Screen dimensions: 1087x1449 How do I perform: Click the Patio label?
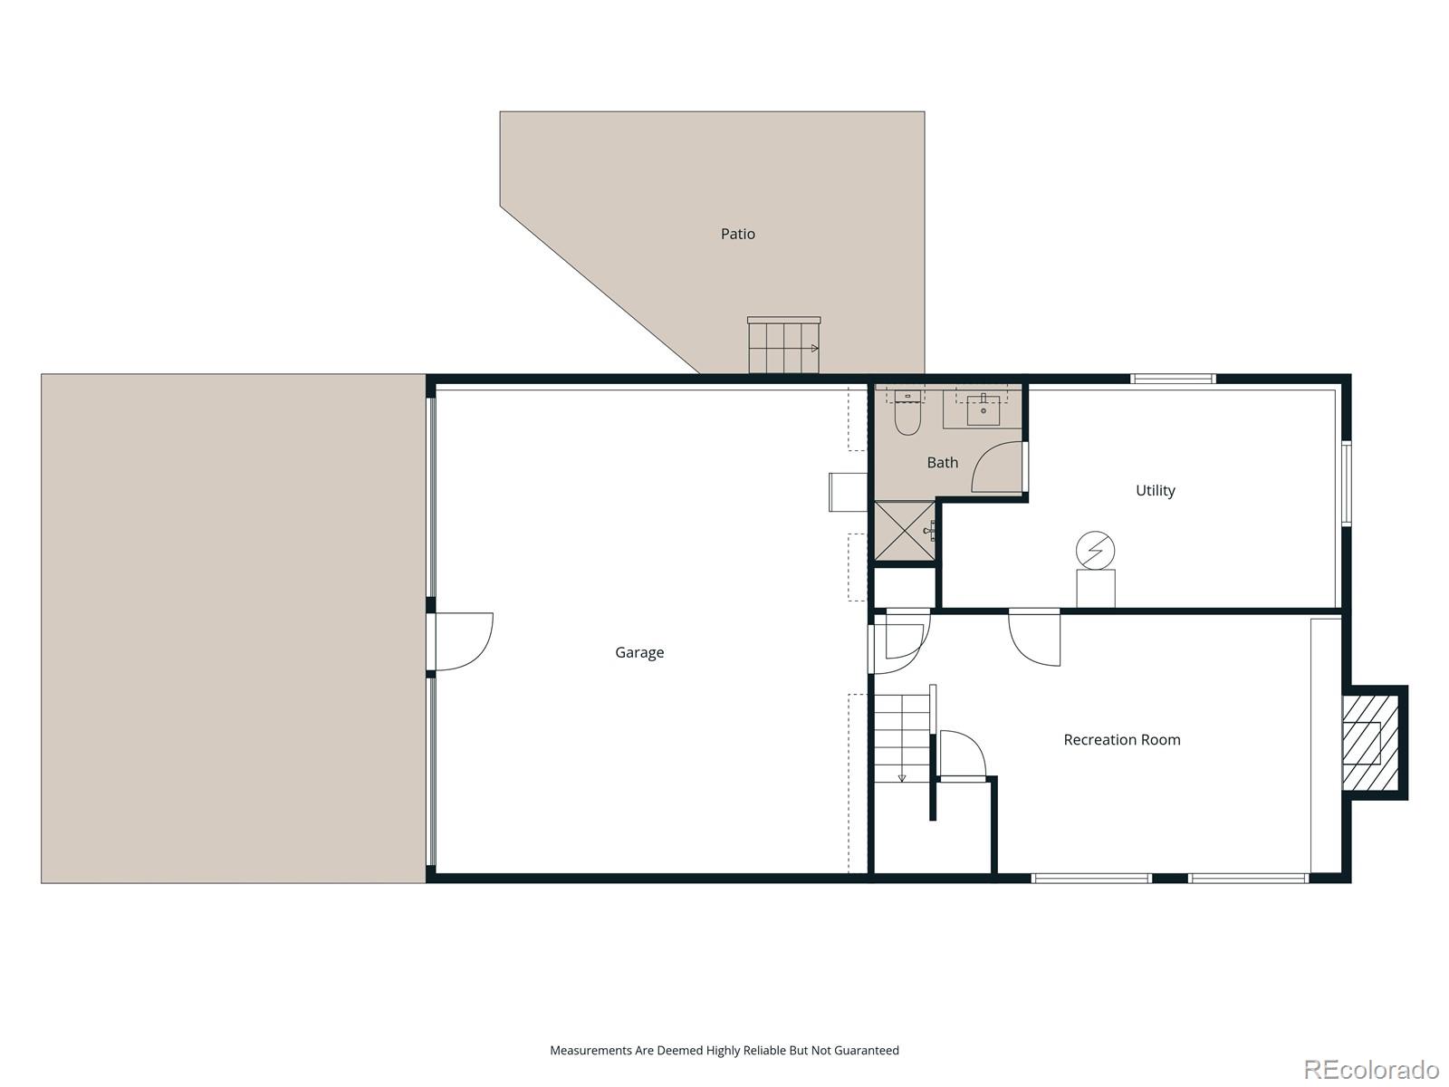[737, 234]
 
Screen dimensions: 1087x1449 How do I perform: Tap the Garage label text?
[639, 652]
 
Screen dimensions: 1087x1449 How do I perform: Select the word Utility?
[1155, 490]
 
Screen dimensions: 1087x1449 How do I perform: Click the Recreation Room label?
[1121, 739]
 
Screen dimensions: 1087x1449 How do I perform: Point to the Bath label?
[942, 462]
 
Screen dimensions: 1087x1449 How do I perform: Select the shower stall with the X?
[903, 532]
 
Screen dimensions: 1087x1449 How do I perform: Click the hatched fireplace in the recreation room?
[1362, 743]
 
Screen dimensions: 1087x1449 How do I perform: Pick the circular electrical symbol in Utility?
[1095, 550]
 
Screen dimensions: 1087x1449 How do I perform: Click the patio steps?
[783, 347]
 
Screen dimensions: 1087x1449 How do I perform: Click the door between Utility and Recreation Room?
[1035, 638]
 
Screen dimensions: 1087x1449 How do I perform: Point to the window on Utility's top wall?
[1172, 379]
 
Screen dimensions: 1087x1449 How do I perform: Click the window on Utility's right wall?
[1346, 483]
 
